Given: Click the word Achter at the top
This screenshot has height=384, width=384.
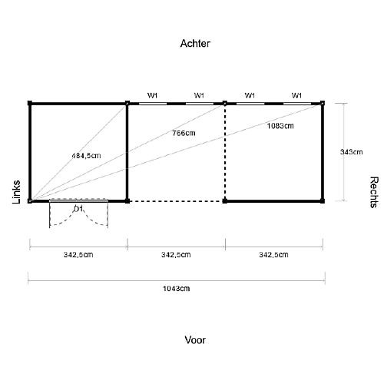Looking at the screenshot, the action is coord(195,44).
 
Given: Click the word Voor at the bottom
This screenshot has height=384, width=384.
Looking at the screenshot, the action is coord(195,340).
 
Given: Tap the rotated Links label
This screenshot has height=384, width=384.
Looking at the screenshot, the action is coord(16,192).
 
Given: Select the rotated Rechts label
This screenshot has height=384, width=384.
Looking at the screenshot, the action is coord(374,192).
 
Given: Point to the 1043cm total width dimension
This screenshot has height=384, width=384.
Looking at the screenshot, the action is coord(177,289).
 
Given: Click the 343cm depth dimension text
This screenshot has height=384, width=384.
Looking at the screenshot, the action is coord(351,152).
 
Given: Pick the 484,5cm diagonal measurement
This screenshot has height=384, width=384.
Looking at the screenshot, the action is coord(86,156).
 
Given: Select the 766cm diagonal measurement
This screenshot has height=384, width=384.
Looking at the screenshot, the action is coord(184,133).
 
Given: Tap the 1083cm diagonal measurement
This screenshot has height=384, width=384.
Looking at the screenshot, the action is coord(280,126).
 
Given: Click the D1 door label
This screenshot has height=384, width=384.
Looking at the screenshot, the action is coord(78,209).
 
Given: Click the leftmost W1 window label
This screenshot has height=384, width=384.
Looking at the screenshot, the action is coord(152,95).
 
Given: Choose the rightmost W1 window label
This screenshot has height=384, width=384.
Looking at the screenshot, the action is coord(296,95).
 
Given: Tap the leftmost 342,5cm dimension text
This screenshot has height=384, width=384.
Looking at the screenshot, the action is coord(78,255).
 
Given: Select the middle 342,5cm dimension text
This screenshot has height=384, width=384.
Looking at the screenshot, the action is coord(176,255).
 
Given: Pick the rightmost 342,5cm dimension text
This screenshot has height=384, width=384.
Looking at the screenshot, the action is coord(273,255).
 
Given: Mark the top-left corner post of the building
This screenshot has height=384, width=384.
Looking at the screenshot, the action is coord(30,104).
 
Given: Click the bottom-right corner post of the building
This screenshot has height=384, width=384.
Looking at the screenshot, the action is coord(323,201).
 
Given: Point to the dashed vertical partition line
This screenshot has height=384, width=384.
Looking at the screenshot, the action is coord(225,152).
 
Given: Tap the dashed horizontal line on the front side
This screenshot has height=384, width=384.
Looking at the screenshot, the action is coord(176,201).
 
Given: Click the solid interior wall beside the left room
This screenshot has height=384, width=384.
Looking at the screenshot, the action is coord(127,152).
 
